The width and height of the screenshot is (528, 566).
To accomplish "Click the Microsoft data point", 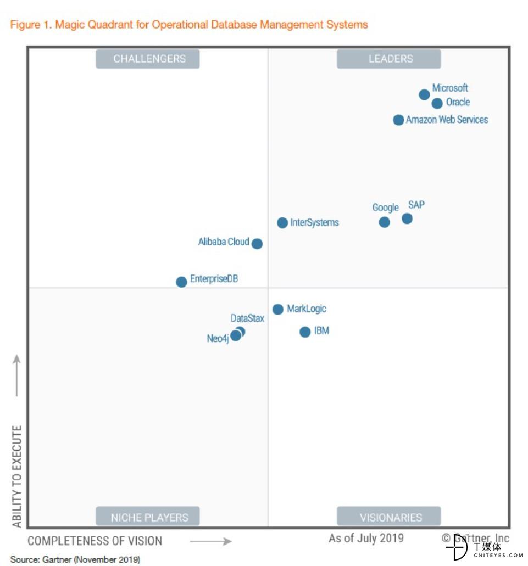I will click(x=424, y=94).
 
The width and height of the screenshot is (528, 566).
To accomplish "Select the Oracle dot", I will click(x=437, y=103).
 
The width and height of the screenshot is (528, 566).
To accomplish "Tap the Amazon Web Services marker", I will click(x=398, y=120).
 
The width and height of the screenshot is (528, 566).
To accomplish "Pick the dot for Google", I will click(x=384, y=222).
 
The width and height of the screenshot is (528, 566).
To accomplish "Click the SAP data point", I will click(x=407, y=218).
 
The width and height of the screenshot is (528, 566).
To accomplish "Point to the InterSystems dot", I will click(x=282, y=222).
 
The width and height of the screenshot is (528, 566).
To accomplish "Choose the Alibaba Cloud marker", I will click(x=257, y=243).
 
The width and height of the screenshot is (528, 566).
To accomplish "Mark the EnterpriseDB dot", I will click(x=181, y=282).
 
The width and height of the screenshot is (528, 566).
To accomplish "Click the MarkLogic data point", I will click(x=278, y=309).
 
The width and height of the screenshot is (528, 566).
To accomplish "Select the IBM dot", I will click(x=305, y=332).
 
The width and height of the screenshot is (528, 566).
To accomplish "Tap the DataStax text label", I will click(x=247, y=318).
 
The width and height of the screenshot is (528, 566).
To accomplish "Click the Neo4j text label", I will click(x=218, y=339).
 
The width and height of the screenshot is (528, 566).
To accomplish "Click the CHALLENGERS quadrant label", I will click(x=148, y=59).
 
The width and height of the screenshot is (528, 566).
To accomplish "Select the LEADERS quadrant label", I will click(x=389, y=59).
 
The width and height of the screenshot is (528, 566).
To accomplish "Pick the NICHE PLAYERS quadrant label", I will click(x=148, y=517).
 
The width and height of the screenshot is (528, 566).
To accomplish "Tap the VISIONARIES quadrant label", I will click(x=389, y=517).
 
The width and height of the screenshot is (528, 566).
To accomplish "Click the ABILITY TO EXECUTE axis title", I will click(x=17, y=476).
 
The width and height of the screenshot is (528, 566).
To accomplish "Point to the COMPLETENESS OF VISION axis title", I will click(x=95, y=541).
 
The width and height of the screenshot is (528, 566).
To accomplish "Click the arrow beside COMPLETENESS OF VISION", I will click(x=211, y=541).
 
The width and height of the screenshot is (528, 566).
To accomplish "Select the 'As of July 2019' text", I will click(x=366, y=538).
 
